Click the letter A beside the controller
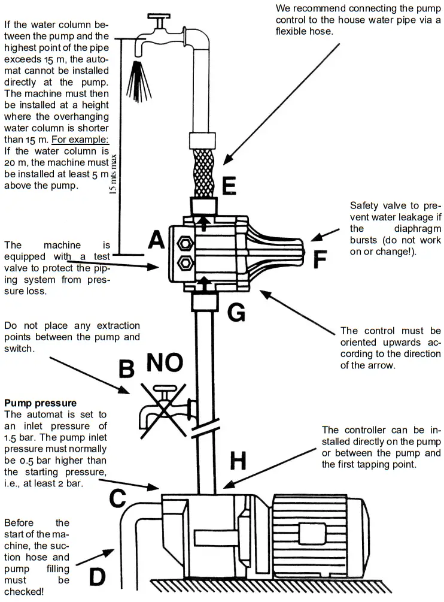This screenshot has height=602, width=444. point(156,241)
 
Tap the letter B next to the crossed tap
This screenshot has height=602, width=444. point(126,368)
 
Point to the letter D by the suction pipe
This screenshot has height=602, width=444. point(97,577)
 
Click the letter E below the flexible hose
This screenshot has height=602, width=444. point(228,186)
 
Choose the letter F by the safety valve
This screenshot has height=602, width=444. point(320,260)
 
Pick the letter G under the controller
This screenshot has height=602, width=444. point(237,312)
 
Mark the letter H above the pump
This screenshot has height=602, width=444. point(238,461)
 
